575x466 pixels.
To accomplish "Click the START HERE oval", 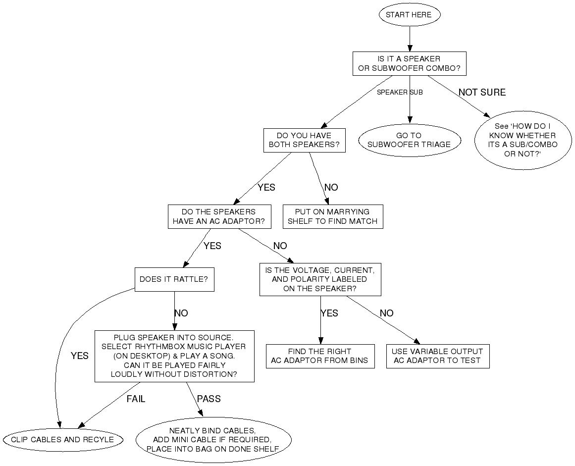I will [x=409, y=15].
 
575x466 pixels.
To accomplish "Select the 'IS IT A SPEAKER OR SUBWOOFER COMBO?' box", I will [x=409, y=63].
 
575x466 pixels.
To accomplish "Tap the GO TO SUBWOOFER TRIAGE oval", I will [x=409, y=140].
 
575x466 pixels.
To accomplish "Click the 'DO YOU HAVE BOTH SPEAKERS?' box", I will [x=304, y=140].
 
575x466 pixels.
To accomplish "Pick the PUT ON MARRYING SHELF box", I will [x=332, y=216].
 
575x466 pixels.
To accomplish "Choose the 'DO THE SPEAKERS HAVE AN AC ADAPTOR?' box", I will [x=219, y=216].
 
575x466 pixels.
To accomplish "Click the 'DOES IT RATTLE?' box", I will [x=174, y=279].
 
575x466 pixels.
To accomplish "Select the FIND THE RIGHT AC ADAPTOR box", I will [x=319, y=356].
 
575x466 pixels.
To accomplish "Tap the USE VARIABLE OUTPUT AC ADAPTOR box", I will [x=437, y=356].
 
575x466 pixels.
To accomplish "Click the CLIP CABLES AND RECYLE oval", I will [x=62, y=440].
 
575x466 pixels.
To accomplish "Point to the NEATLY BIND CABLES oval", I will [x=213, y=440].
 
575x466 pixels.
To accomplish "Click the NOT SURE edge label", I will [x=482, y=93].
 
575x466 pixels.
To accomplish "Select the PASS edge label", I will [x=209, y=399].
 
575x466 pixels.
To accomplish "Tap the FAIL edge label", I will [x=136, y=399].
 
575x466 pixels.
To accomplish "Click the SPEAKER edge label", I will [x=392, y=93].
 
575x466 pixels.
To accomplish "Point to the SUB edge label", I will [x=416, y=93].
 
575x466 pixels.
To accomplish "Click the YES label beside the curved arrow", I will [x=79, y=356].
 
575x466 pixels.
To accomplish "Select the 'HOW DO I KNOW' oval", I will [x=523, y=140].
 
